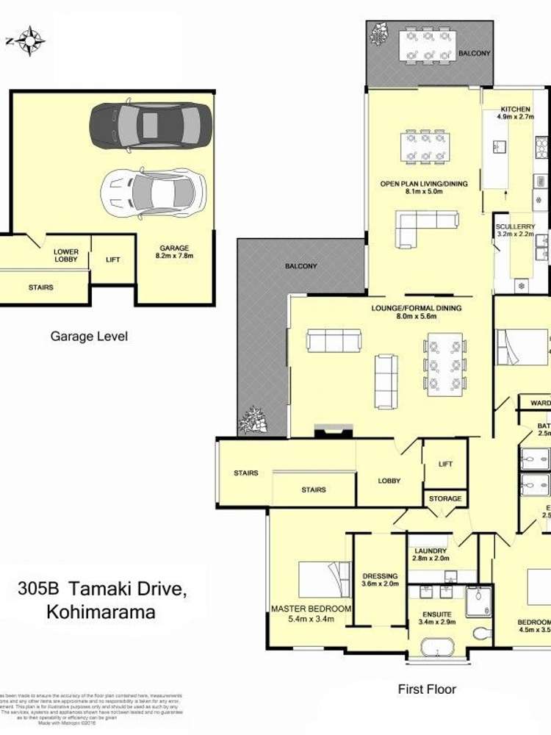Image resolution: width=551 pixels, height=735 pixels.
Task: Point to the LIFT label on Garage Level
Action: (x=113, y=259)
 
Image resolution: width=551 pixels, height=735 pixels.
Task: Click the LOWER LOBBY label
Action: (x=65, y=257)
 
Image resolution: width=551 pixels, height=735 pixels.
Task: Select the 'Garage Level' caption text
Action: (x=89, y=337)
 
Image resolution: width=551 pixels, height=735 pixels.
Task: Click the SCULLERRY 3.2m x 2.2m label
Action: (x=521, y=231)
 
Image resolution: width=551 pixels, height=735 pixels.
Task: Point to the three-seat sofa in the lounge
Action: (x=334, y=341)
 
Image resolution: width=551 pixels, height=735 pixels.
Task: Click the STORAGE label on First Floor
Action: (x=445, y=498)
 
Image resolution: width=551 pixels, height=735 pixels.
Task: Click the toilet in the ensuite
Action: (x=482, y=631)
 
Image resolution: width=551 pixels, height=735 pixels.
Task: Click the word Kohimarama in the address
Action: (x=101, y=612)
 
